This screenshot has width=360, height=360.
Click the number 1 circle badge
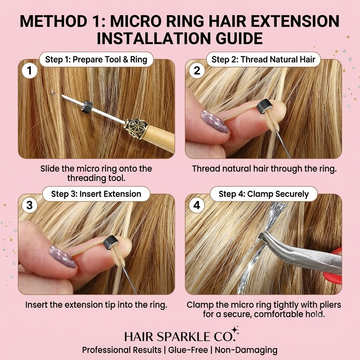30,70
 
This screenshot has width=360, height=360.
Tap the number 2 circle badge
197,70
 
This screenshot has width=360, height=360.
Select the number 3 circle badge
30,205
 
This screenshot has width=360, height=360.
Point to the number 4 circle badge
197,205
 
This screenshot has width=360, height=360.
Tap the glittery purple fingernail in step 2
214,122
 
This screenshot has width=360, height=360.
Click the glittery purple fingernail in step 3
62,257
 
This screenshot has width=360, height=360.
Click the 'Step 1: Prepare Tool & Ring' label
96,59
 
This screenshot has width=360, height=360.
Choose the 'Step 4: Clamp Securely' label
264,194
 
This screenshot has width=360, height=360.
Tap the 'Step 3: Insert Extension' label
96,194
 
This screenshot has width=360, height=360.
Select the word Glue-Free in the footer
188,350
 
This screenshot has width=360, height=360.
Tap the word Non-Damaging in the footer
246,350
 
